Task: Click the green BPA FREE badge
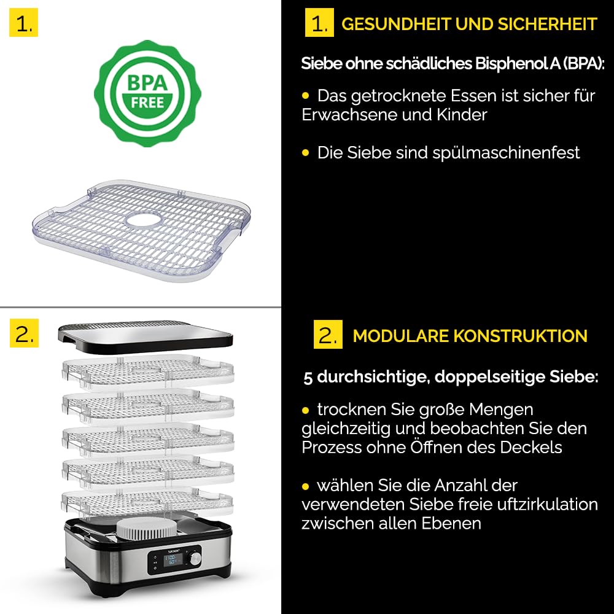pos(147,93)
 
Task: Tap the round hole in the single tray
pos(143,220)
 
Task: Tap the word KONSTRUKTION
pos(521,336)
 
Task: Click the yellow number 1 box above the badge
pos(23,22)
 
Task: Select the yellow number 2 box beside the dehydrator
pos(25,333)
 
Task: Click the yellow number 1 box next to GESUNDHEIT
pos(319,22)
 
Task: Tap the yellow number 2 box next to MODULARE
pos(328,335)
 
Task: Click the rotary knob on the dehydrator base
pos(195,558)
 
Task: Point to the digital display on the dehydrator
pos(171,559)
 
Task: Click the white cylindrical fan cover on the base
pos(147,529)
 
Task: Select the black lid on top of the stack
pos(146,336)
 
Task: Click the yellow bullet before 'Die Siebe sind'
pos(306,153)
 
